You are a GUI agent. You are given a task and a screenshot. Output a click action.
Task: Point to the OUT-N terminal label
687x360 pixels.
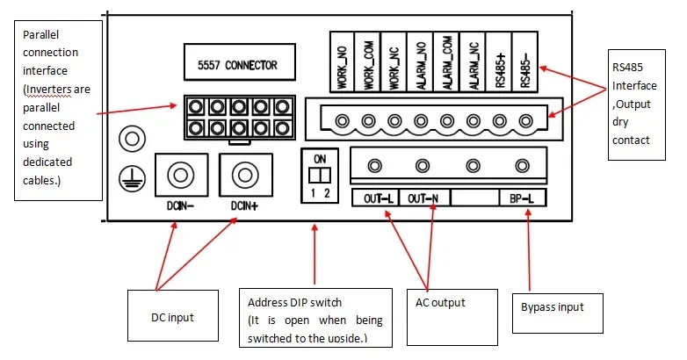point(425,198)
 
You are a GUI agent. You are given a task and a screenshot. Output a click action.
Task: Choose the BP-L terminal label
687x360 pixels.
point(522,198)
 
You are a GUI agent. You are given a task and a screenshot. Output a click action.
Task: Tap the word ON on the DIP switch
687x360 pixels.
point(319,158)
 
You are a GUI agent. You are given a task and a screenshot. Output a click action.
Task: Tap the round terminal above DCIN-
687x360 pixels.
point(180,176)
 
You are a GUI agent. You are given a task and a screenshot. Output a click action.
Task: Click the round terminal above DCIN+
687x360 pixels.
point(243,176)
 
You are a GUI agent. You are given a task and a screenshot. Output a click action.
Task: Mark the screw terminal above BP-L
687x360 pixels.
point(523,164)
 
